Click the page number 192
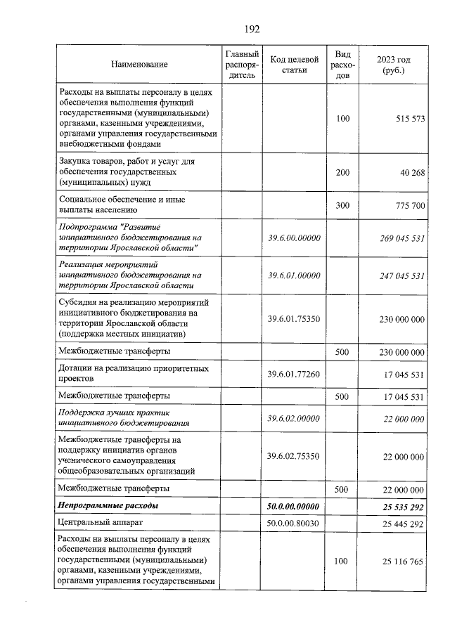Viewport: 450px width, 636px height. [252, 29]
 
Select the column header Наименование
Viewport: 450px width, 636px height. [139, 65]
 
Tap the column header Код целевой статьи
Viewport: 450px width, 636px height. [295, 65]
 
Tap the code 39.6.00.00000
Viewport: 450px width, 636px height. [295, 238]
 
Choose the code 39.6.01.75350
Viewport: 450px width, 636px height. [295, 319]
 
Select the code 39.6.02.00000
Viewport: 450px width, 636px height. [295, 419]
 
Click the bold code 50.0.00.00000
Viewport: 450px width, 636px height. [295, 505]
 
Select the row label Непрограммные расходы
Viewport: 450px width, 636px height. [108, 505]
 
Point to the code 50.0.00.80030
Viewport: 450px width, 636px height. [295, 523]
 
